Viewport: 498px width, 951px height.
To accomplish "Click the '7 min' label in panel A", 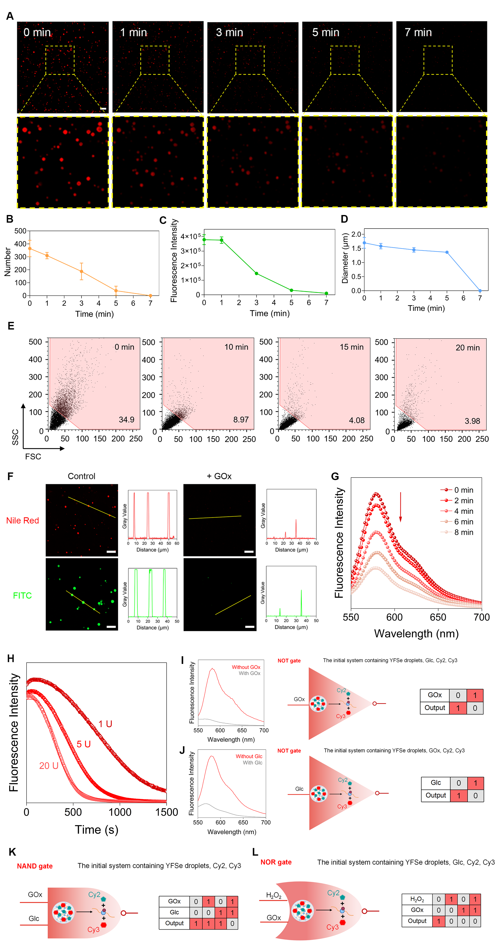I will point(418,32).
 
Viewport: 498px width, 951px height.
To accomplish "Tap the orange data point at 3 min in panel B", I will point(82,271).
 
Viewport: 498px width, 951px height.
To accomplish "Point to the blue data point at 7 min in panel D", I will point(480,291).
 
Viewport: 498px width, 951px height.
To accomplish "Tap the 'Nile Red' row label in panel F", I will point(22,520).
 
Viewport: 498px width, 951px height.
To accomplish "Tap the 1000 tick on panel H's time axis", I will point(120,812).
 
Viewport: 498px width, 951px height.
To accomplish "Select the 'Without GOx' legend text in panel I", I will point(246,667).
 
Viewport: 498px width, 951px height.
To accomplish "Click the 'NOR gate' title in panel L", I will point(276,862).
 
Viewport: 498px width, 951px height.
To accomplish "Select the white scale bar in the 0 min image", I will point(103,109).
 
